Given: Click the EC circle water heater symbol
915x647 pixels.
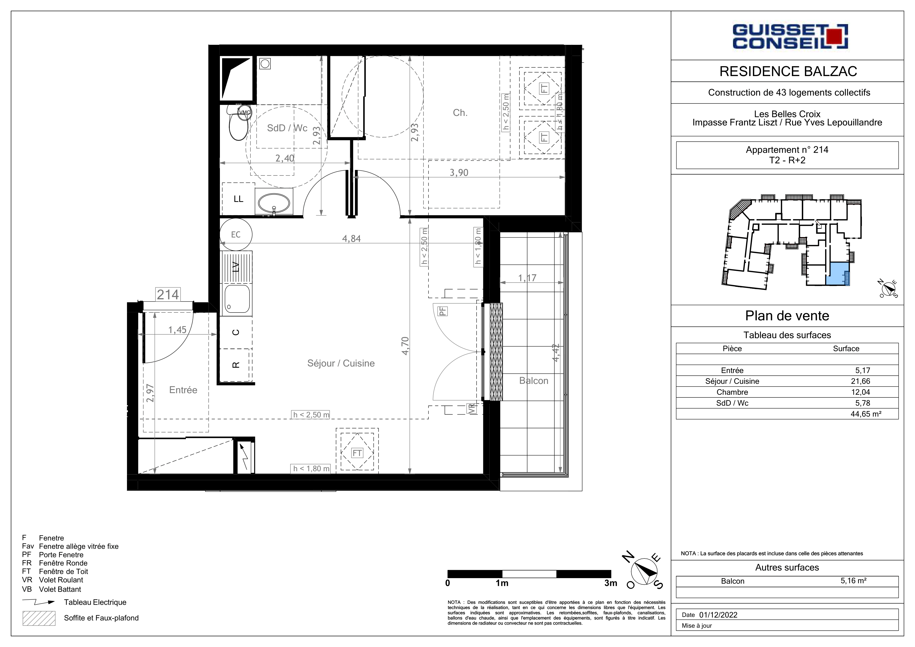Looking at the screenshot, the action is click(x=236, y=234).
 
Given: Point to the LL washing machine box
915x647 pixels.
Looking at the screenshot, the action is click(x=238, y=199).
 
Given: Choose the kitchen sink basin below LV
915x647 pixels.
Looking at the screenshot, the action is click(x=237, y=298).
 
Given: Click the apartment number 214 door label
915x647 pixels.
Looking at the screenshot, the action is click(x=168, y=295).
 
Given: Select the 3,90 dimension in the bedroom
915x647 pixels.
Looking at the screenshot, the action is click(x=459, y=173).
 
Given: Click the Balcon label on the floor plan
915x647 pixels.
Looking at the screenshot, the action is click(x=534, y=381).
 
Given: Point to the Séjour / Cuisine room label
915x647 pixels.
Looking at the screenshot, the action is click(x=341, y=363).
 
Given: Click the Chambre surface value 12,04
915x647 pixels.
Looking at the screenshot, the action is click(x=861, y=392).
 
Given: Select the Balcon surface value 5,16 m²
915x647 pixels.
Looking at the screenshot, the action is click(x=854, y=581).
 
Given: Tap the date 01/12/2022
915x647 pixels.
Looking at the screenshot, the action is click(x=718, y=615).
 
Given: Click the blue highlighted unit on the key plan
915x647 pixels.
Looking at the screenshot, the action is click(x=837, y=274).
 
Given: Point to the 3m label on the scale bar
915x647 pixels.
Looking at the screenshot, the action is click(x=610, y=583).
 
